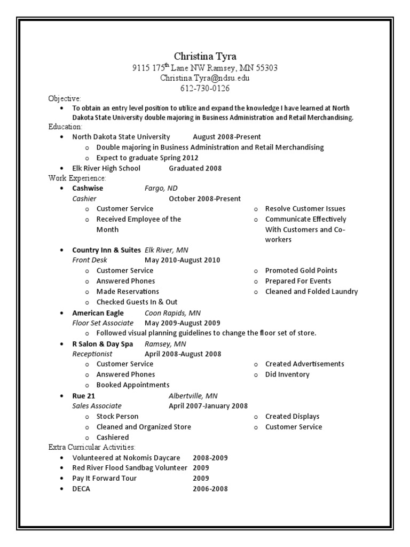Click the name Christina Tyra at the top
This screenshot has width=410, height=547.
coord(205,57)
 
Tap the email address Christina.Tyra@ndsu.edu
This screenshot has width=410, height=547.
coord(205,78)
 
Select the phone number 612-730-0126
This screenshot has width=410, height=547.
coord(205,88)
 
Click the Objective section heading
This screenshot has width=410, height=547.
coord(65,99)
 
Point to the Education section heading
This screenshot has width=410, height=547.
coord(65,127)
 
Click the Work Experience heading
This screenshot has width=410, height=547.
coord(77,178)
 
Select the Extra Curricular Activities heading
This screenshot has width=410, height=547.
coord(92,447)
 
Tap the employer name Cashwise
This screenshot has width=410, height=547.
coord(88,188)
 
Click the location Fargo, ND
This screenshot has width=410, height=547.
coord(161,188)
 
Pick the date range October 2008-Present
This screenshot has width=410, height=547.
coord(204,199)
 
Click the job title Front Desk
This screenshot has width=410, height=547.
coord(90,260)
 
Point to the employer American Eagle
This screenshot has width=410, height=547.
coord(98,313)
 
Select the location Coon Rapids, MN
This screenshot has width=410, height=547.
coord(172,313)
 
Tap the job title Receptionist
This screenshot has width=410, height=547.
coord(92,354)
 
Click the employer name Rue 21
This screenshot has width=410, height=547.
coord(83,396)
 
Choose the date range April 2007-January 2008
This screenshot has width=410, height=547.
coord(208,406)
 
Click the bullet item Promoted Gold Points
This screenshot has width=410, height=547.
coord(301,270)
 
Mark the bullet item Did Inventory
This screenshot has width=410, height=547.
coord(287,374)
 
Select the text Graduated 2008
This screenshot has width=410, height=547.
coord(195,168)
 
